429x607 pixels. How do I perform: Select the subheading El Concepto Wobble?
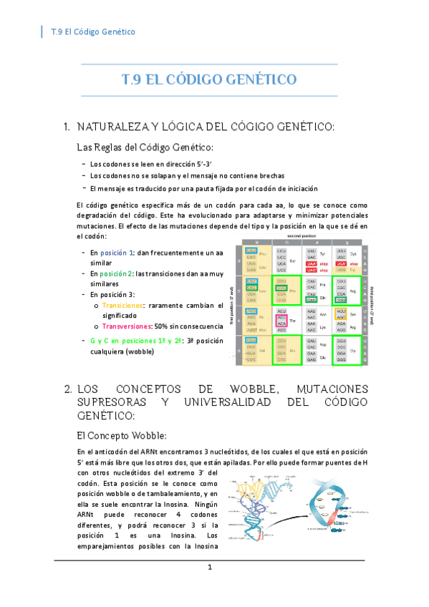pyautogui.click(x=121, y=434)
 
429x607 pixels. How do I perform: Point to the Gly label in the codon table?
pyautogui.click(x=352, y=351)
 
